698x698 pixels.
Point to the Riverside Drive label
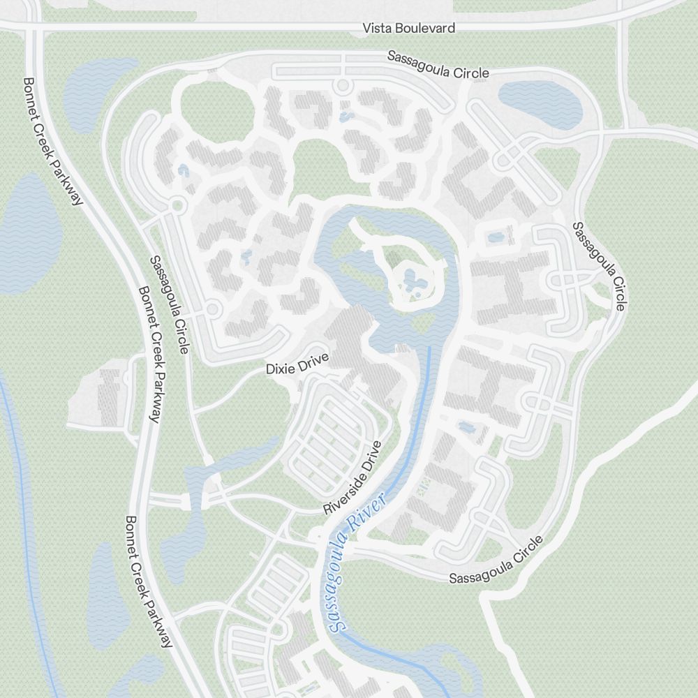(x=353, y=478)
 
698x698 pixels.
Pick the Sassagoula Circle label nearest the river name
(x=496, y=560)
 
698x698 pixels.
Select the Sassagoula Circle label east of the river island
(x=600, y=266)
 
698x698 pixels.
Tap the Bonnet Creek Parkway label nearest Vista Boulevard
(x=53, y=141)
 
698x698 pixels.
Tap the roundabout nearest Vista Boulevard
(x=342, y=86)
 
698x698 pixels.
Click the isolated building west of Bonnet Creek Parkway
(x=109, y=399)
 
